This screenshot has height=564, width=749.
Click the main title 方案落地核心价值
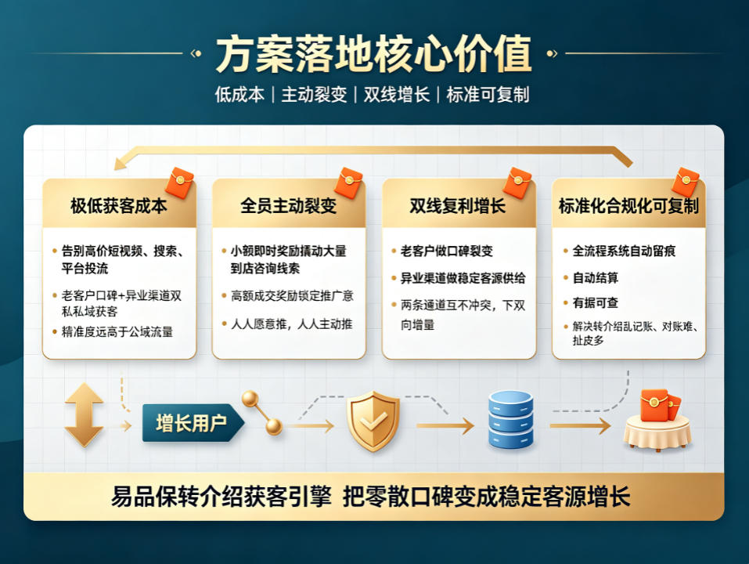tap(373, 53)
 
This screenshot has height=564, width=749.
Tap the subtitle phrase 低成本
tap(239, 95)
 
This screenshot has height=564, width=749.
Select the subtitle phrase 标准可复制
tap(488, 95)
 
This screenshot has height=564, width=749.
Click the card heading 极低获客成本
tap(118, 205)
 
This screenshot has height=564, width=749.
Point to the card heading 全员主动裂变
tap(289, 205)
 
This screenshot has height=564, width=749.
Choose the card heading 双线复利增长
tap(458, 205)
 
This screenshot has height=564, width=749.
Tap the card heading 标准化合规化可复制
tap(628, 205)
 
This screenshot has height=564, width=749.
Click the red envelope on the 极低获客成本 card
tap(179, 183)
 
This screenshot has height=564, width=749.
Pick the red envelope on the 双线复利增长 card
tap(518, 183)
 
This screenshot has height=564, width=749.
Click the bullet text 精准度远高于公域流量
tap(117, 331)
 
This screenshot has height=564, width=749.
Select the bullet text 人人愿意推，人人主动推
tap(292, 324)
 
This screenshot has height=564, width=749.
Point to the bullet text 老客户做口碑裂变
tap(447, 251)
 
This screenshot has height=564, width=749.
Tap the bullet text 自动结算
tap(595, 278)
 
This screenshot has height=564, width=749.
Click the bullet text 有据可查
tap(595, 302)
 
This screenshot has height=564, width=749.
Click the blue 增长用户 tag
tap(193, 422)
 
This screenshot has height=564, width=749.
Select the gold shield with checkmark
tap(373, 421)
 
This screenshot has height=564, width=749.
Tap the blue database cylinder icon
tap(510, 419)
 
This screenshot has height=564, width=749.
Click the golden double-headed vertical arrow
tap(84, 415)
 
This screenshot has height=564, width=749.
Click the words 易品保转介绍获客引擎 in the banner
tap(221, 496)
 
